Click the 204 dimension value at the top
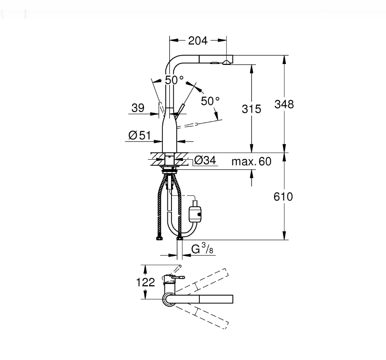pyautogui.click(x=198, y=40)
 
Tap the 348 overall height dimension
pyautogui.click(x=284, y=104)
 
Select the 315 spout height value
pyautogui.click(x=252, y=109)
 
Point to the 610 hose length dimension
pyautogui.click(x=283, y=197)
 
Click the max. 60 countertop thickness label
pyautogui.click(x=252, y=161)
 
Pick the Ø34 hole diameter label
pyautogui.click(x=205, y=160)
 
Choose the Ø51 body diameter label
pyautogui.click(x=139, y=135)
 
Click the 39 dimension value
pyautogui.click(x=138, y=108)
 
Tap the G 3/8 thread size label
pyautogui.click(x=202, y=249)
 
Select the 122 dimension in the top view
pyautogui.click(x=145, y=282)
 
